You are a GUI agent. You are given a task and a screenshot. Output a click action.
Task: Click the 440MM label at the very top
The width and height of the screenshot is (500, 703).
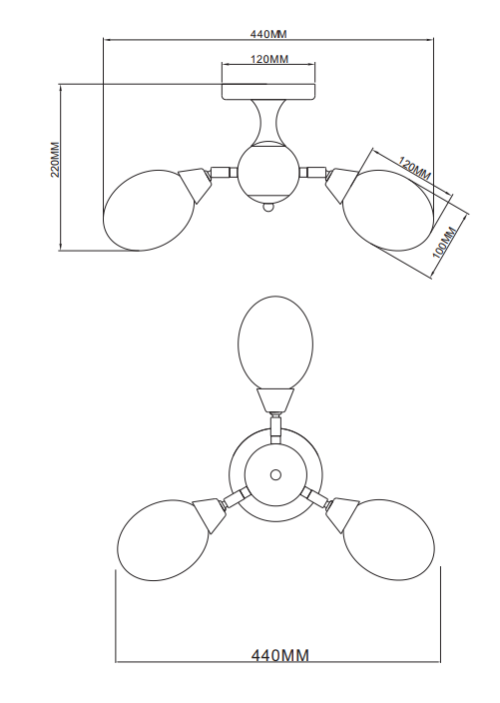pyautogui.click(x=267, y=34)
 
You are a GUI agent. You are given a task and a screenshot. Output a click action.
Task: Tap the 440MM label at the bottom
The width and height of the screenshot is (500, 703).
pyautogui.click(x=280, y=655)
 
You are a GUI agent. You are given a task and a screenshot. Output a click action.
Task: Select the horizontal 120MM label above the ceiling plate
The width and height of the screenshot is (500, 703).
pyautogui.click(x=268, y=59)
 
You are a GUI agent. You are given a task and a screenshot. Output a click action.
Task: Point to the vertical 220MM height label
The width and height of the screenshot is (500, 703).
pyautogui.click(x=55, y=160)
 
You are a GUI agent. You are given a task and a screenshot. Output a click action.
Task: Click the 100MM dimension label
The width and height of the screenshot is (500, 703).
pyautogui.click(x=444, y=243)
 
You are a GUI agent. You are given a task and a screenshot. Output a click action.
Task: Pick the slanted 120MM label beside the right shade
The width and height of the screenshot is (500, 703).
pyautogui.click(x=415, y=169)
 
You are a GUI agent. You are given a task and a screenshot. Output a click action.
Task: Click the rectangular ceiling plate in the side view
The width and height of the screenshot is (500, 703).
pyautogui.click(x=268, y=91)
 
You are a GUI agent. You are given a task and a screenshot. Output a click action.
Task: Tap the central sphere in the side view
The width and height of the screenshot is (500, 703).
pyautogui.click(x=267, y=172)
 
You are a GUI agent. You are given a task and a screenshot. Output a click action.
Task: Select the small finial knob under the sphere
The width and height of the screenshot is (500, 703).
pyautogui.click(x=267, y=207)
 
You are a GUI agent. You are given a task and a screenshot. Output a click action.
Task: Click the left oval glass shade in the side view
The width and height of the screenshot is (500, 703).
pyautogui.click(x=148, y=210)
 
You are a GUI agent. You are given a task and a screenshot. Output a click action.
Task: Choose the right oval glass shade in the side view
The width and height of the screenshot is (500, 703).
pyautogui.click(x=388, y=210)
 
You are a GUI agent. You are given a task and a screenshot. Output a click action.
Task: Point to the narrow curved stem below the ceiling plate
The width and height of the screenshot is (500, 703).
pyautogui.click(x=267, y=120)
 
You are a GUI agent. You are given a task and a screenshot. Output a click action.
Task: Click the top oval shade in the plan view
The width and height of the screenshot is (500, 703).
pyautogui.click(x=275, y=343)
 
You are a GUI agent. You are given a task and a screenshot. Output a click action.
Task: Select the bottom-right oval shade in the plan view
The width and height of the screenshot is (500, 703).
pyautogui.click(x=388, y=540)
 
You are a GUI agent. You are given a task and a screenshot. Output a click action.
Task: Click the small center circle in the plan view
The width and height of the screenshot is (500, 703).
pyautogui.click(x=275, y=474)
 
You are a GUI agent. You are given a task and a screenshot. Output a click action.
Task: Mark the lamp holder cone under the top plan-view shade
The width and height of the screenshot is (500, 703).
pyautogui.click(x=275, y=400)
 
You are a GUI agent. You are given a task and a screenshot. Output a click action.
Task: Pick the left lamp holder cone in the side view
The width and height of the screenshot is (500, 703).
pyautogui.click(x=195, y=185)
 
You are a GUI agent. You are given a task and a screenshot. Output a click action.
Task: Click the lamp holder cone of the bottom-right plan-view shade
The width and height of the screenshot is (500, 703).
pyautogui.click(x=342, y=514)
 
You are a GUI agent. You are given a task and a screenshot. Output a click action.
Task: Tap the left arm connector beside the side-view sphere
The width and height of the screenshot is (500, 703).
pyautogui.click(x=224, y=172)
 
